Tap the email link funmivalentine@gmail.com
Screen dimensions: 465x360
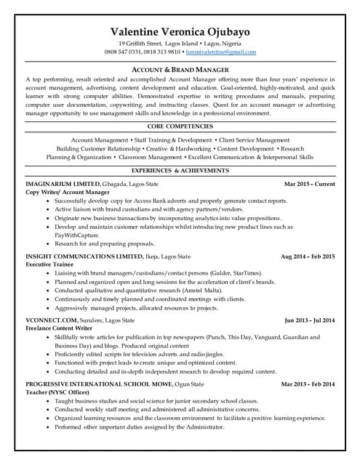(220, 52)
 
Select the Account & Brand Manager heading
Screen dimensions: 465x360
(180, 68)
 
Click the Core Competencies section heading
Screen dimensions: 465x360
(180, 126)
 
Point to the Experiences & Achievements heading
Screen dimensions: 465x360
(180, 170)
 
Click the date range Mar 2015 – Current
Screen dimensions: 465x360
(309, 185)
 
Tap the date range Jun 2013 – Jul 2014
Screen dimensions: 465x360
(309, 320)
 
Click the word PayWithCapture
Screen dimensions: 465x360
(78, 235)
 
